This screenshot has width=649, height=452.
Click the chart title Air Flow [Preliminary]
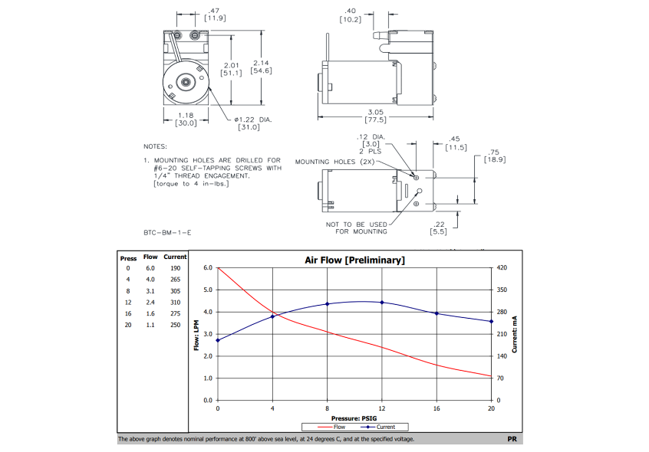click(354, 260)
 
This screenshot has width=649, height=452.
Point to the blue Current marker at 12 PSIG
click(382, 302)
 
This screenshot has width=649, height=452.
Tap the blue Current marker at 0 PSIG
click(218, 340)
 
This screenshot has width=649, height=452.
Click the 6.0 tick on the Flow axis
click(207, 268)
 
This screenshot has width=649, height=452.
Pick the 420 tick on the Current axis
click(502, 268)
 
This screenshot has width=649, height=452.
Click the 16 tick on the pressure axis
click(437, 409)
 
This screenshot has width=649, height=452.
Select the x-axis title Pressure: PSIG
click(354, 418)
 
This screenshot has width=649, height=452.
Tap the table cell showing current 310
click(175, 303)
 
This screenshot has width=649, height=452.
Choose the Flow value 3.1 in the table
click(151, 291)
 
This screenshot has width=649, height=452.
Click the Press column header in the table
click(128, 257)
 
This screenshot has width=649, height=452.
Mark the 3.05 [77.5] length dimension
click(376, 115)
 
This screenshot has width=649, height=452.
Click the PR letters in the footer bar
click(512, 440)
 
